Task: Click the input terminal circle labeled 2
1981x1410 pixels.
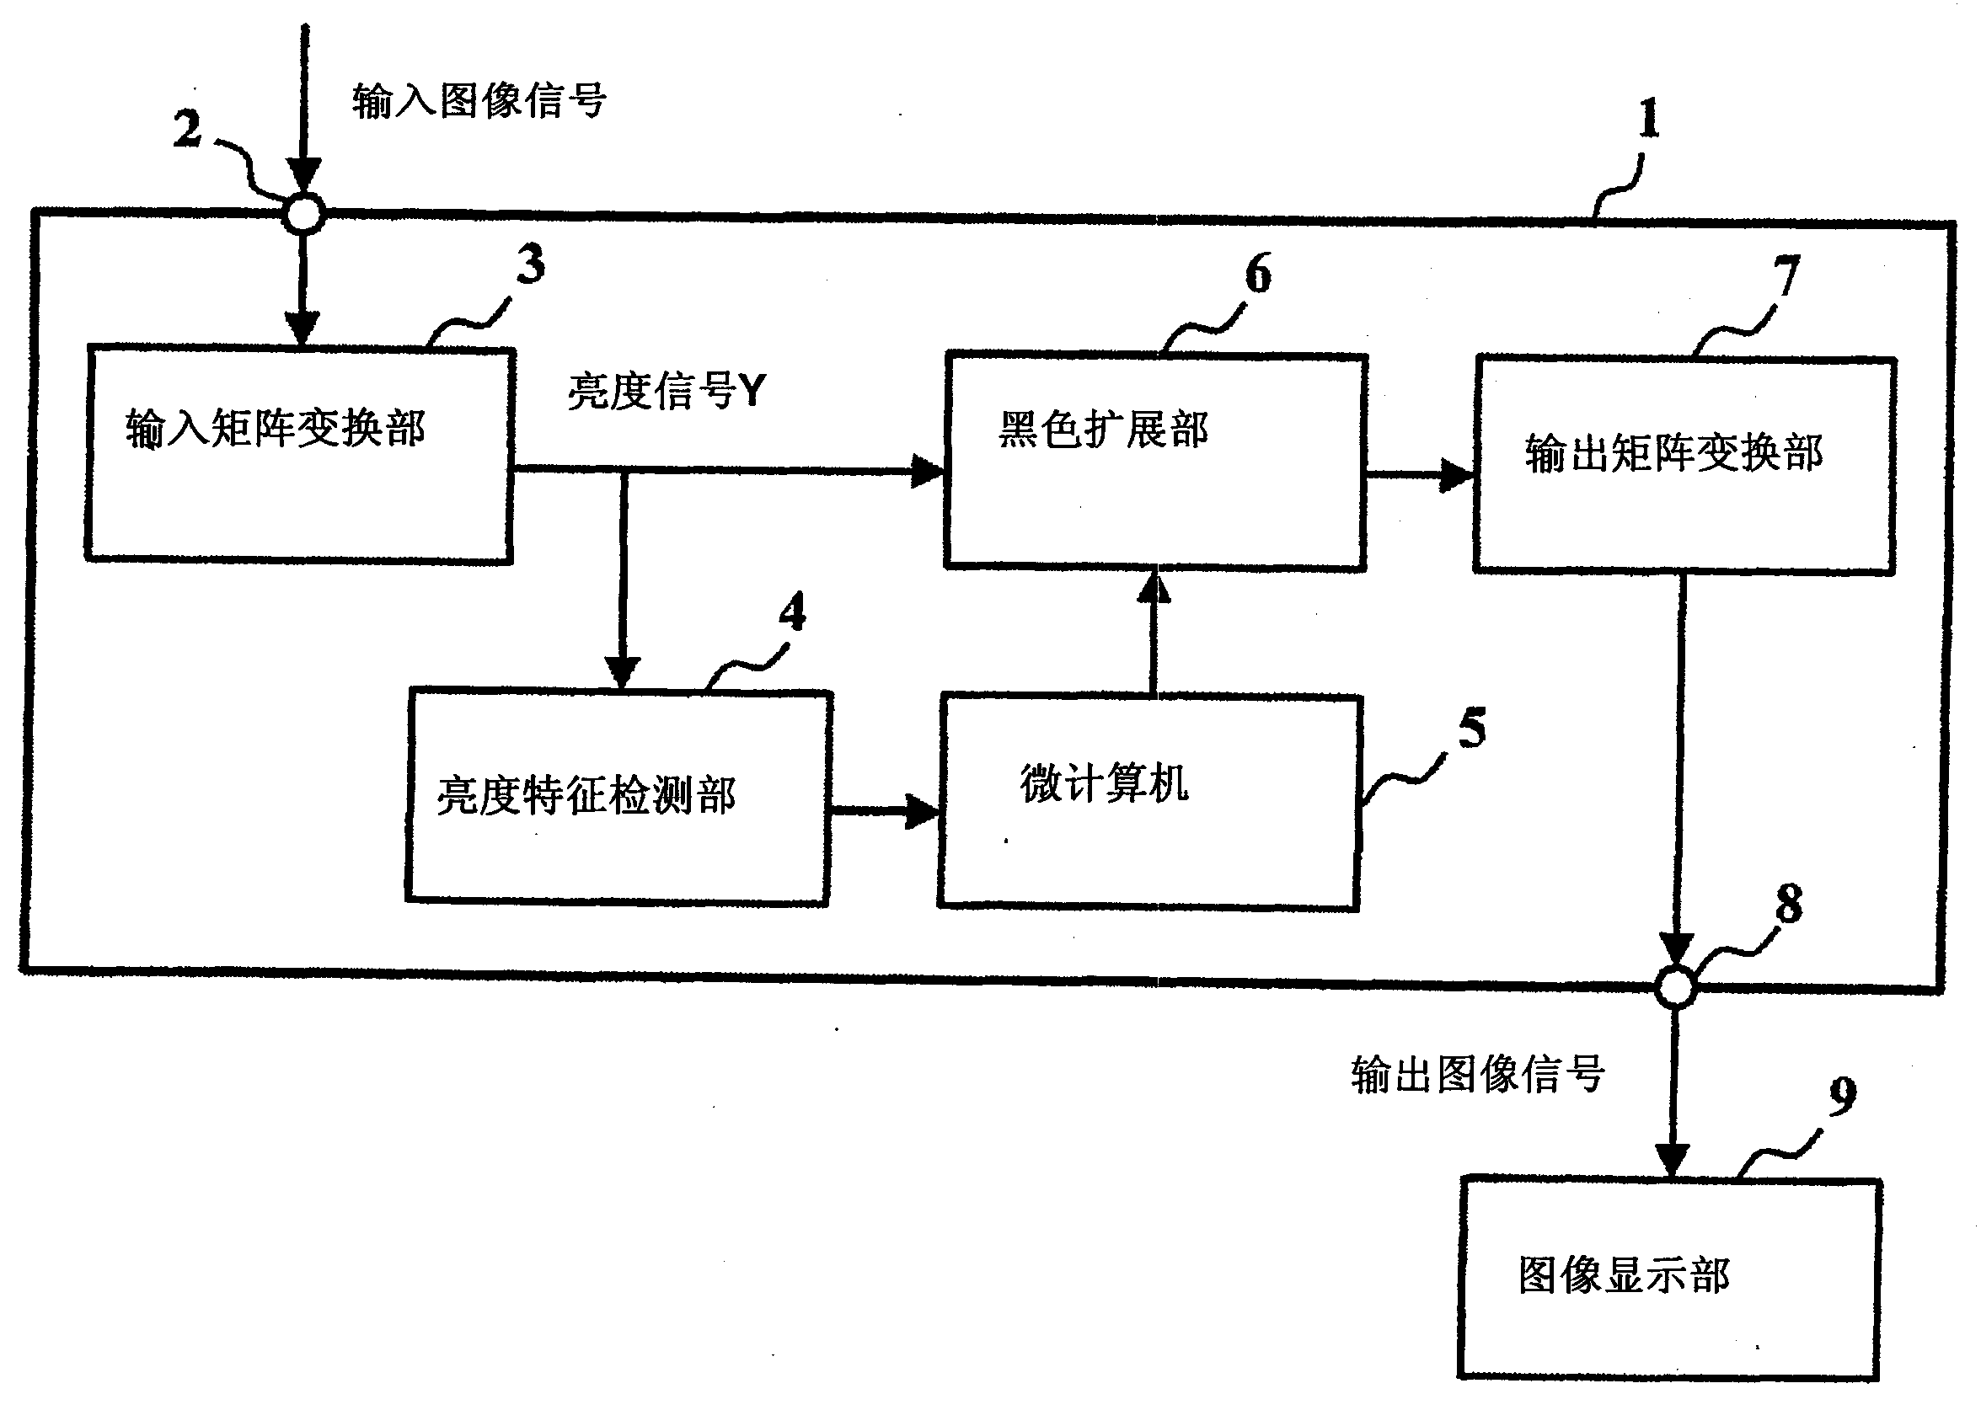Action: pos(304,212)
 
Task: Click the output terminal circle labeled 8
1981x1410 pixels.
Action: pos(1675,986)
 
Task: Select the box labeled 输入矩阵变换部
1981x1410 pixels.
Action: pos(300,454)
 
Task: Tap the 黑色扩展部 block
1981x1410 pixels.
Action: pos(1155,461)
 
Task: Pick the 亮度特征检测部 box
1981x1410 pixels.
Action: pos(618,796)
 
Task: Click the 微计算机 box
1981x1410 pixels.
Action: pos(1148,801)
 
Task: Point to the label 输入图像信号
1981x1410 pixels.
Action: pos(479,101)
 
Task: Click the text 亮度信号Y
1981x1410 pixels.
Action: pos(667,391)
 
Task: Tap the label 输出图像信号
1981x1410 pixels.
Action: pos(1477,1074)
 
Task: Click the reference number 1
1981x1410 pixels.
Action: pos(1648,119)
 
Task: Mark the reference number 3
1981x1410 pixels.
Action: pos(531,263)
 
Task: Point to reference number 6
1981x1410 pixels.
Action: pos(1257,274)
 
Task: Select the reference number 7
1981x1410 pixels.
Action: pos(1786,277)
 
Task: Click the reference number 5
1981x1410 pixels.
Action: pos(1471,728)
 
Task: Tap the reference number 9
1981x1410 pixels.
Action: pos(1842,1097)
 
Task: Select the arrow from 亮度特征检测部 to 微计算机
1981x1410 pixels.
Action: pos(884,811)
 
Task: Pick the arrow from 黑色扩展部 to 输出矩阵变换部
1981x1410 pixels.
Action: pos(1420,474)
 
